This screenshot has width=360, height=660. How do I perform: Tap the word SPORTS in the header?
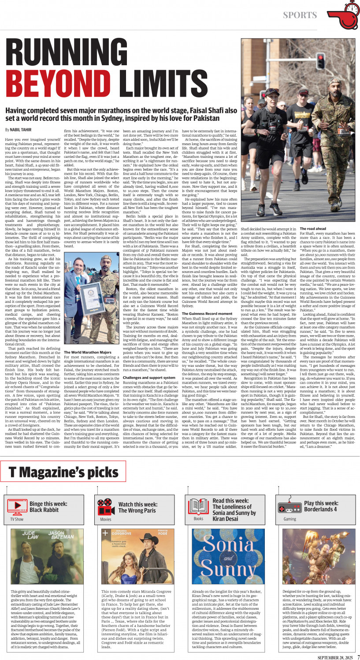pos(300,15)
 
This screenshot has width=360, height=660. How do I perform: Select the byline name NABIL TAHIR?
pos(22,130)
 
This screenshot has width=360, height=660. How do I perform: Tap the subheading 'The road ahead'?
pos(313,229)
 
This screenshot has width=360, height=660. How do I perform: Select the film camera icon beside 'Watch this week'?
pos(105,506)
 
